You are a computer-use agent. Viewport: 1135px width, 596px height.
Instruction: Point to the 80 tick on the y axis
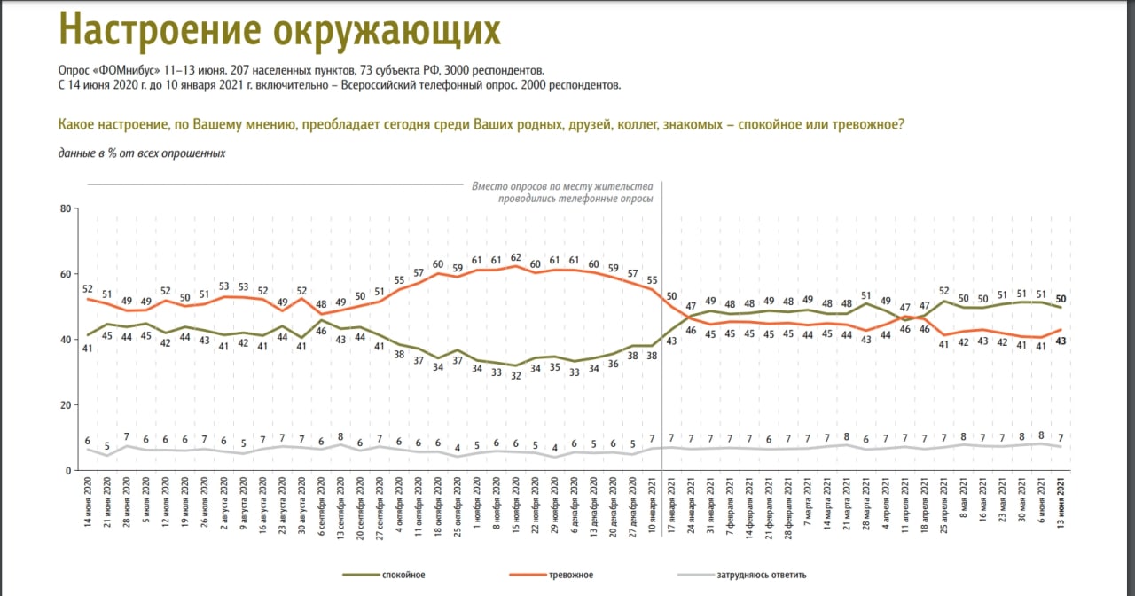pyautogui.click(x=64, y=209)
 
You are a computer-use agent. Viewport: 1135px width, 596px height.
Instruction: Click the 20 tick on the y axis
pyautogui.click(x=64, y=405)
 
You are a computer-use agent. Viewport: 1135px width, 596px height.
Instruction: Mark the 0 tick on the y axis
pyautogui.click(x=67, y=470)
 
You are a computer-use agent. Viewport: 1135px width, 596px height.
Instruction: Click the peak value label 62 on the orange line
pyautogui.click(x=515, y=257)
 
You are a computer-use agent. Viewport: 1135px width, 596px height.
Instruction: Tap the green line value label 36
pyautogui.click(x=613, y=362)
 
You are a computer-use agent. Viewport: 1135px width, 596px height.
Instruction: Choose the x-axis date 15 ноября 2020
pyautogui.click(x=515, y=503)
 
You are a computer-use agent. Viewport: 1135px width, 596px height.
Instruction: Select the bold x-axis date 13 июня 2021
pyautogui.click(x=1061, y=504)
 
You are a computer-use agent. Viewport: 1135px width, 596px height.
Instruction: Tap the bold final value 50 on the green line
pyautogui.click(x=1061, y=299)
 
